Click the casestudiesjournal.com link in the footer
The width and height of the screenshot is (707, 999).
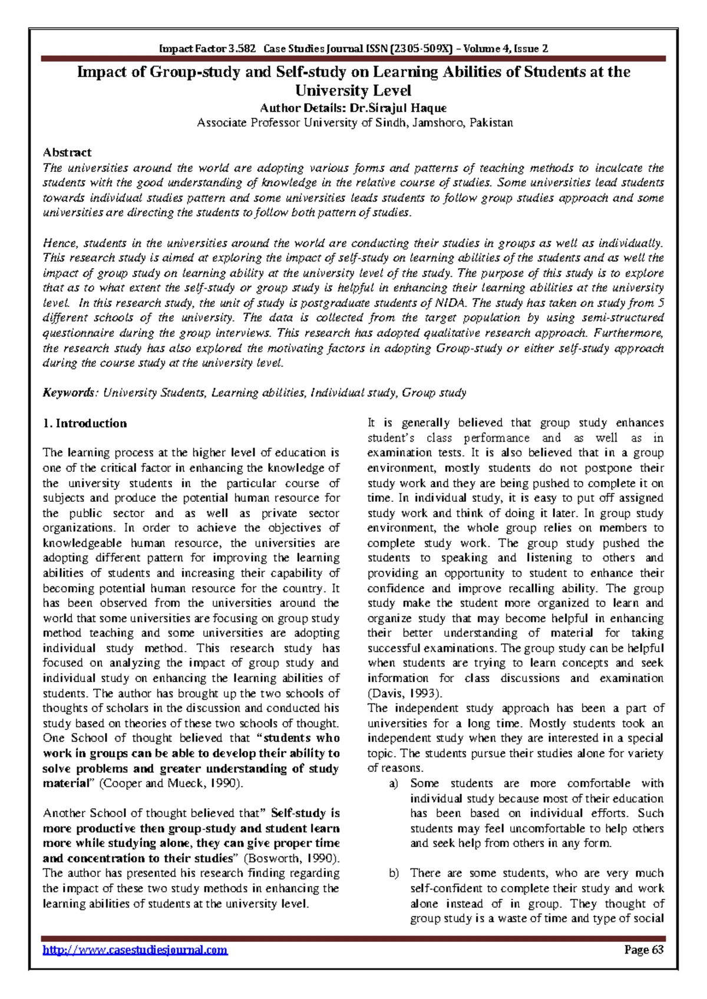click(135, 950)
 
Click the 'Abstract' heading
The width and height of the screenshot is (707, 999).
click(67, 153)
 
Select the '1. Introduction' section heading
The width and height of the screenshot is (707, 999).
click(84, 423)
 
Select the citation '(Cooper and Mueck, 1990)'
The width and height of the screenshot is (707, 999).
click(170, 783)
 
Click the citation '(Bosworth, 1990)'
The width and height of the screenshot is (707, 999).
click(291, 858)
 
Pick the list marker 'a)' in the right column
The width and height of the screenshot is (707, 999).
click(394, 783)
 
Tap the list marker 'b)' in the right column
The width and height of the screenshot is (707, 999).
click(394, 873)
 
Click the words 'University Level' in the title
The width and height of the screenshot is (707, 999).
click(353, 90)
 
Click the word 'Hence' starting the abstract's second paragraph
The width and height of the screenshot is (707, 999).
click(60, 243)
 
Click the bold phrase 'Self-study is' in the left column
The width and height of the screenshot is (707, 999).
click(305, 813)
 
